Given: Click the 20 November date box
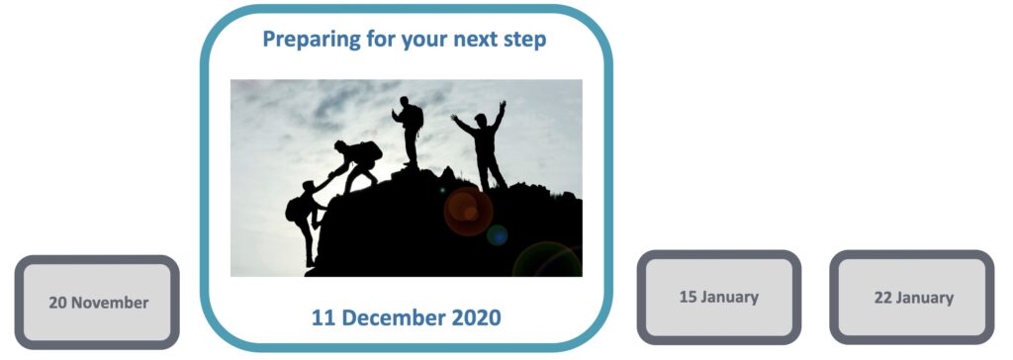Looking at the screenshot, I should click(x=97, y=303).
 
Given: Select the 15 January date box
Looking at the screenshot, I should click(x=718, y=296).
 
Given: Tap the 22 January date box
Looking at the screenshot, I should click(x=912, y=297).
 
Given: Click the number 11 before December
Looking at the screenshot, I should click(x=323, y=317).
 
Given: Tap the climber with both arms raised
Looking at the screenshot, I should click(x=483, y=144).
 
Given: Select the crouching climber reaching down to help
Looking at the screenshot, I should click(x=356, y=164).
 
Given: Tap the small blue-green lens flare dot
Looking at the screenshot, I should click(x=498, y=234).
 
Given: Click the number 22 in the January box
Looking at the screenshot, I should click(x=883, y=297).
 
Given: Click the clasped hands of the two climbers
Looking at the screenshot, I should click(x=328, y=177).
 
